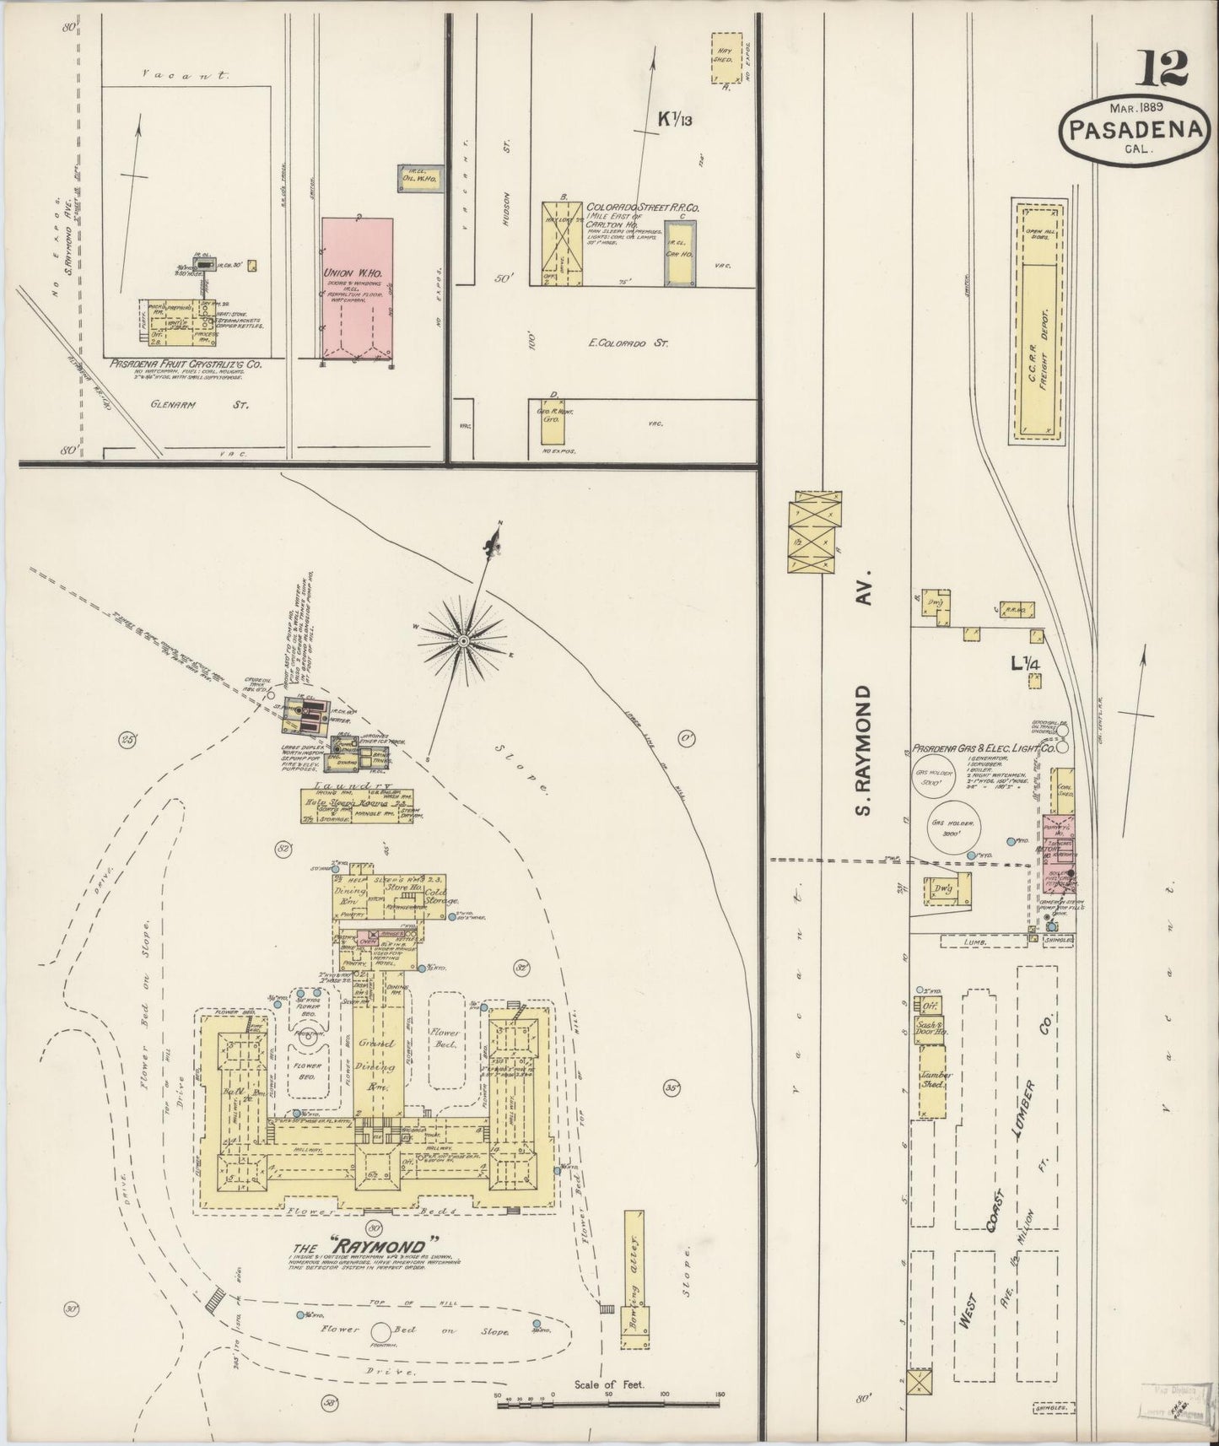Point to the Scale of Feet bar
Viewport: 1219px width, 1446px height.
coord(607,1397)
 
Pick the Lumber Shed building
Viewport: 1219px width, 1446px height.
coord(933,1082)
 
